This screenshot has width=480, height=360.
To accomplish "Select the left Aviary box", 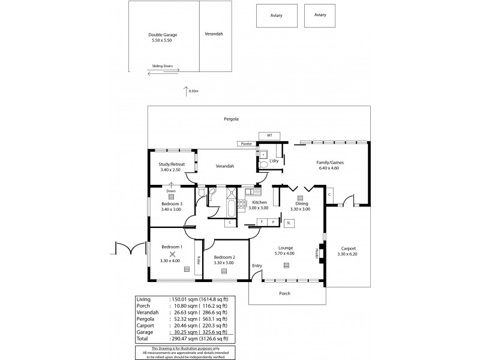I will point(276,16).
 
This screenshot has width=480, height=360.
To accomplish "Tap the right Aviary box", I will point(320,16).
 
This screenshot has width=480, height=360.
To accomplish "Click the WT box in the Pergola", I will point(265,135).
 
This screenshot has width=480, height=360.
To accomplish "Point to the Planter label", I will point(245,144).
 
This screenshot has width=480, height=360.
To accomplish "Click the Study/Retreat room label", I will point(172,164).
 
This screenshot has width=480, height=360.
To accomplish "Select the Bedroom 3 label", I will point(171,204).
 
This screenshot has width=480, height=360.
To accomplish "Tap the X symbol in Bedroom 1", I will point(172,254).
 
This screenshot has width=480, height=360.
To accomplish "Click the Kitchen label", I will point(259,203).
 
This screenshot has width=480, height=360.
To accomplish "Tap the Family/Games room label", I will point(330,163).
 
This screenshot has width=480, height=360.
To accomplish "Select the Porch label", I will point(285,293).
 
